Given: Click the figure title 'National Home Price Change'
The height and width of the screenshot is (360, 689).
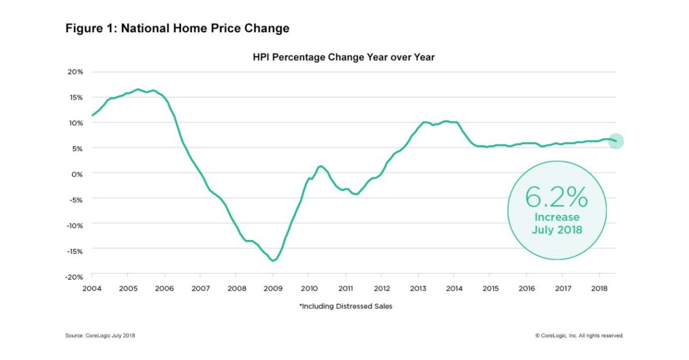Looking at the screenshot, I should click(x=177, y=28).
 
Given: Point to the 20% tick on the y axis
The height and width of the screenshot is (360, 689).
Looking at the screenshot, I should click(x=76, y=72).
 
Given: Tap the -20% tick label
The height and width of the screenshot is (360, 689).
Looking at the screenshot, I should click(x=75, y=276).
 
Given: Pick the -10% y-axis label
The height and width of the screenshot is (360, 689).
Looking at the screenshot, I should click(x=75, y=224).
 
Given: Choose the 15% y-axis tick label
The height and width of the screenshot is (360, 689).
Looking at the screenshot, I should click(x=76, y=97).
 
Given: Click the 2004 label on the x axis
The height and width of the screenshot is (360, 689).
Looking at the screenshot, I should click(x=92, y=288).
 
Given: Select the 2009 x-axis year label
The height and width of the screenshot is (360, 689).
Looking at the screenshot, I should click(x=273, y=288).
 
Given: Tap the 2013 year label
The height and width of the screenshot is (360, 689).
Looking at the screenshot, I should click(x=418, y=288).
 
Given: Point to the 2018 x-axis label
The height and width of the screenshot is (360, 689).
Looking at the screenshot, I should click(x=599, y=288).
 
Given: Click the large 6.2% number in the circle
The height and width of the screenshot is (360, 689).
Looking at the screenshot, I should click(x=556, y=198).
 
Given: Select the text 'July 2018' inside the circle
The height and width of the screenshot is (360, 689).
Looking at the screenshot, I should click(x=556, y=229).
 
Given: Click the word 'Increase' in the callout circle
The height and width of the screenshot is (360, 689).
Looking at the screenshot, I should click(x=556, y=218).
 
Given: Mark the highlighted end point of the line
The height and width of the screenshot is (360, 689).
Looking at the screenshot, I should click(x=616, y=141).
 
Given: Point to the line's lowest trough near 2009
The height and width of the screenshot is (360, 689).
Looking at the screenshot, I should click(x=273, y=261).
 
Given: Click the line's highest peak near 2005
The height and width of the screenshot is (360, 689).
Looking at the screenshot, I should click(x=138, y=90).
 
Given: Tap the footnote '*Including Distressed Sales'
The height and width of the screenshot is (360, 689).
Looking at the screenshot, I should click(x=346, y=307).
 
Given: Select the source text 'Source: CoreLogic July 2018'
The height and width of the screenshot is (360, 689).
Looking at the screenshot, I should click(x=100, y=335).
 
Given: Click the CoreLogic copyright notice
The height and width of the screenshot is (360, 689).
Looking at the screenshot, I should click(x=579, y=335).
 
